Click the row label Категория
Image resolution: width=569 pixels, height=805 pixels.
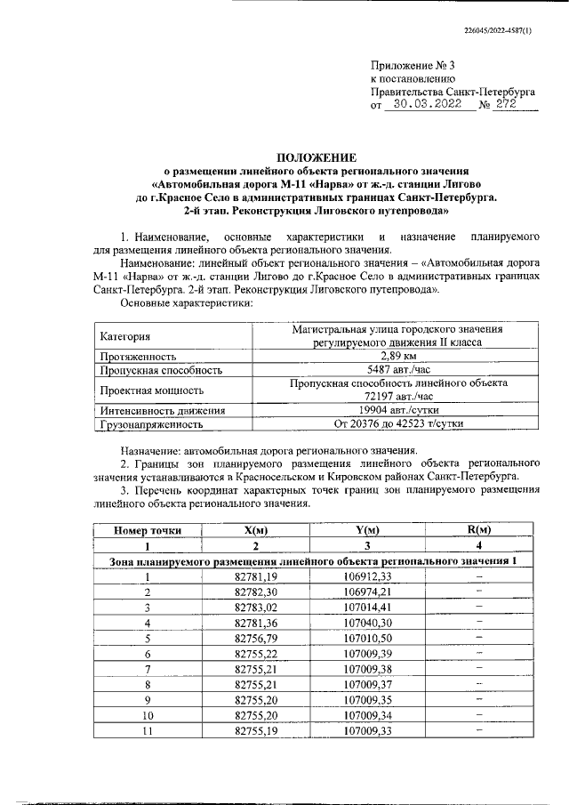tap(125, 336)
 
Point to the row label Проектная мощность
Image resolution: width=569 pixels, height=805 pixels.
tap(152, 390)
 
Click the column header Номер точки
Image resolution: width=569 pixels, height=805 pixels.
tap(147, 530)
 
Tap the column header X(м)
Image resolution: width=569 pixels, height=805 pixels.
tap(255, 530)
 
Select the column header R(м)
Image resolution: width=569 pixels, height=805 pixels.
tap(479, 530)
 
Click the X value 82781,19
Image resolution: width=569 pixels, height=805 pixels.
tap(255, 576)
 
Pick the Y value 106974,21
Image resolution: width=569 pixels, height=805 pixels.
tap(367, 592)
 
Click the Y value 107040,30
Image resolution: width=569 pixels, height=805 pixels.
tap(367, 623)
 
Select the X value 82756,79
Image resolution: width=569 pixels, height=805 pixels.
tap(255, 638)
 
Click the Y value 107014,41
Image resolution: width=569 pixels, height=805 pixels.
tap(367, 608)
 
